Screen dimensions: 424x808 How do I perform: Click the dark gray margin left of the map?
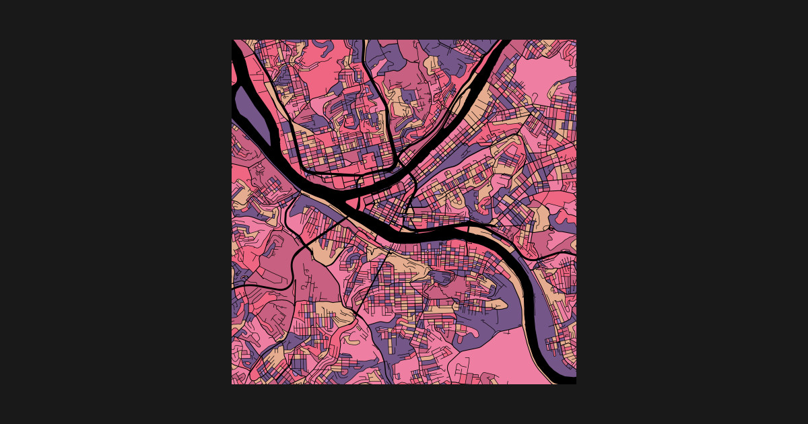click(x=114, y=212)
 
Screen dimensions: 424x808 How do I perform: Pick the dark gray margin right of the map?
click(x=694, y=212)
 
